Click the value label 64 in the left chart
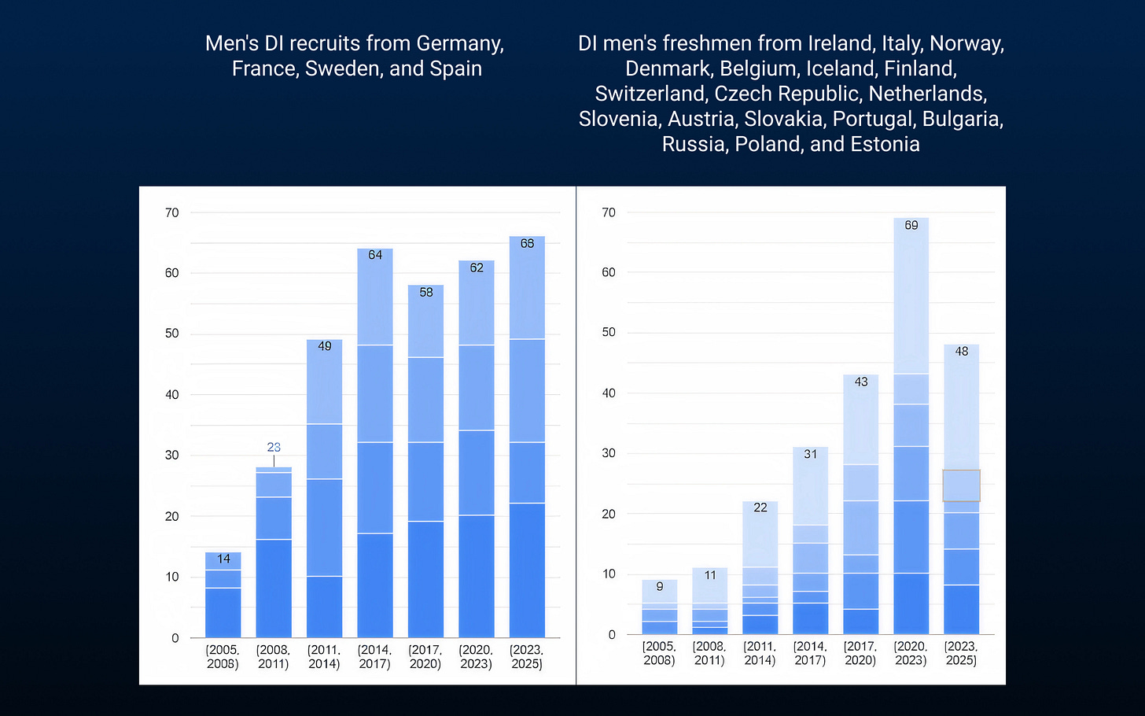point(375,255)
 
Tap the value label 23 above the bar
point(274,447)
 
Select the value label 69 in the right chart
point(911,225)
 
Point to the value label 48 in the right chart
point(962,351)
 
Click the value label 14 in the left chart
point(223,559)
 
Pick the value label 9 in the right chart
point(660,586)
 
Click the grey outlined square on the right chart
point(961,485)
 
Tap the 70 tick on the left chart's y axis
point(172,212)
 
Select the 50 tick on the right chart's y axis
point(609,332)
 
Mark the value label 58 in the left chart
point(426,292)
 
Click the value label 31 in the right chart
point(811,454)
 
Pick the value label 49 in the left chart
point(325,346)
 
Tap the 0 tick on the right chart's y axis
point(612,635)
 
